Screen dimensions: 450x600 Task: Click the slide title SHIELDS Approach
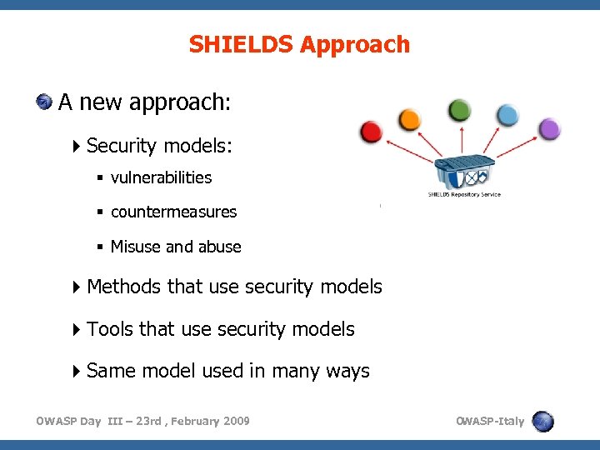[x=299, y=44]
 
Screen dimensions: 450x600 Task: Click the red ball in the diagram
[x=371, y=132]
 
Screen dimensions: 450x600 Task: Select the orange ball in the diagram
[x=409, y=119]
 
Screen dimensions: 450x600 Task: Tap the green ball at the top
[x=459, y=109]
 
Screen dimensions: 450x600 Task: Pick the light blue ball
[x=507, y=115]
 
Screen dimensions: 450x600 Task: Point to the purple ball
[x=549, y=129]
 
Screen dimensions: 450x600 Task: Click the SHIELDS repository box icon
[x=464, y=172]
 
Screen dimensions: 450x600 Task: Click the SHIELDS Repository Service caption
[x=464, y=195]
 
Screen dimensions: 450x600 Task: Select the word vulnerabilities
[x=161, y=177]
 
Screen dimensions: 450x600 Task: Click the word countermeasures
[x=173, y=212]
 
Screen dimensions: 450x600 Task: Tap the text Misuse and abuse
[x=176, y=247]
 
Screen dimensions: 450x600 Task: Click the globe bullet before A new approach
[x=44, y=102]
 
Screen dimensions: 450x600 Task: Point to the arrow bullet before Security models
[x=77, y=146]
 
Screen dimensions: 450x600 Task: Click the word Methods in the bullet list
[x=123, y=287]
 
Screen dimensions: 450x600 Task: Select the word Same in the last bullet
[x=111, y=371]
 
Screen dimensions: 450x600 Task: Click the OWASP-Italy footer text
[x=490, y=421]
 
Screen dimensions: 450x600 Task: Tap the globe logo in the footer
[x=542, y=421]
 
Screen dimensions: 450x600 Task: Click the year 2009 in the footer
[x=235, y=421]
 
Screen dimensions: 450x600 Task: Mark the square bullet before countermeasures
[x=100, y=212]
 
